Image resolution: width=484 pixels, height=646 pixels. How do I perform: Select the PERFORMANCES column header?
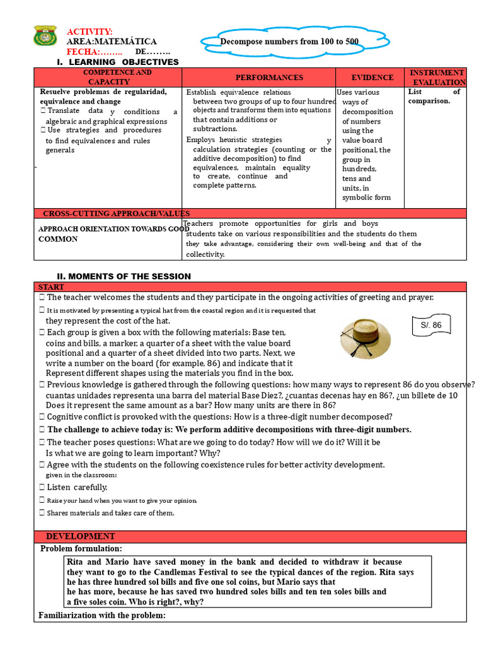(260, 78)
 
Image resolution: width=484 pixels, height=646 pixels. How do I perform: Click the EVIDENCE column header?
(372, 78)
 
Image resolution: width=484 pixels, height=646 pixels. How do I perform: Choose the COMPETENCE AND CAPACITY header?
(109, 78)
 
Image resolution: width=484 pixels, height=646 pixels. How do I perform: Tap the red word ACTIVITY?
(89, 32)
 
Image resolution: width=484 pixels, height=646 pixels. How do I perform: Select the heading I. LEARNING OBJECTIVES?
(118, 62)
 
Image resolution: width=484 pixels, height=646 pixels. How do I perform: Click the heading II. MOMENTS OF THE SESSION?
(124, 276)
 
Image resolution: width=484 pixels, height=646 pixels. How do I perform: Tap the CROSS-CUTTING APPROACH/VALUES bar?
(116, 213)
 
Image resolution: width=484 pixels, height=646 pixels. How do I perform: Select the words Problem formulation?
(81, 549)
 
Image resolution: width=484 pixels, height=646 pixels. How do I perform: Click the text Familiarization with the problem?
(101, 615)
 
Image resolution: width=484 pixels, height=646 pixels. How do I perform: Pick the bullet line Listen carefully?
(77, 487)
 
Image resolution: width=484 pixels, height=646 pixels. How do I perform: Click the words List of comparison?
(434, 96)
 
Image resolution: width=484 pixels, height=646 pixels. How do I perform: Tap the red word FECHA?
(86, 50)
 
